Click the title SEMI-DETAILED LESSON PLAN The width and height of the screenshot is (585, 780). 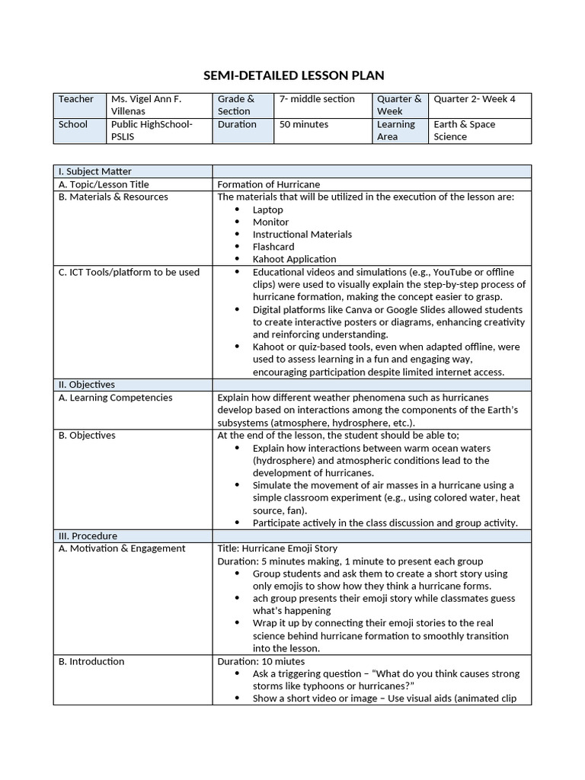click(x=293, y=75)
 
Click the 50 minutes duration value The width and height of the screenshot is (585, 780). click(x=304, y=124)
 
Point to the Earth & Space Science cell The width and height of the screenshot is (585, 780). click(x=465, y=130)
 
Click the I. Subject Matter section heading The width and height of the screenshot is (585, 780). click(x=95, y=171)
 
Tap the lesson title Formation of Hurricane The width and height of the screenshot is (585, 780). click(x=269, y=184)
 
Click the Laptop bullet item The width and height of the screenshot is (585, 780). click(x=267, y=209)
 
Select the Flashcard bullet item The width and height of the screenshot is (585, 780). click(x=273, y=247)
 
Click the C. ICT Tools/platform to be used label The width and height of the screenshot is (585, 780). click(x=129, y=272)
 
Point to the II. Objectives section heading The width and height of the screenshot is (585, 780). click(x=87, y=385)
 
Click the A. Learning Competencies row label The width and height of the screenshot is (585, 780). click(x=115, y=398)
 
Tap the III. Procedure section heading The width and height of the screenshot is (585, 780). click(x=88, y=535)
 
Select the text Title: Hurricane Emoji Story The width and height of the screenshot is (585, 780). click(x=277, y=548)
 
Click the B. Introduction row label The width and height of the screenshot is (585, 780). click(x=91, y=661)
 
